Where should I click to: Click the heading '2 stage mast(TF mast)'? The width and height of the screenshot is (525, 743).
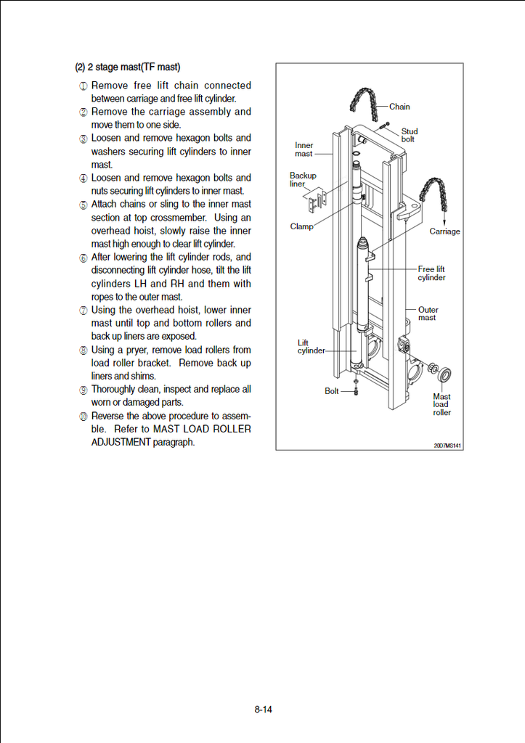[x=128, y=67]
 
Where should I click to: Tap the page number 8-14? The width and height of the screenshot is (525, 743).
[x=263, y=710]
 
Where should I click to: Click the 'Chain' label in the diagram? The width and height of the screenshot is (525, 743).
[x=399, y=107]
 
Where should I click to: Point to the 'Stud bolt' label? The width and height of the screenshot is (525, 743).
[x=410, y=135]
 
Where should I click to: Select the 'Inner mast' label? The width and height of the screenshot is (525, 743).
[x=304, y=149]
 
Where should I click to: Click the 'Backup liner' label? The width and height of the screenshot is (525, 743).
[x=303, y=179]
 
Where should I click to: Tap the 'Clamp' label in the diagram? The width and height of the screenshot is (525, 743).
[x=301, y=226]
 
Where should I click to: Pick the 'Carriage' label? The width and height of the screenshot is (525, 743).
[x=444, y=231]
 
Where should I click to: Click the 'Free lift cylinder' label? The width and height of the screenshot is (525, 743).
[x=431, y=274]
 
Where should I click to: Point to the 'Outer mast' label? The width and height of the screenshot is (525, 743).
[x=428, y=313]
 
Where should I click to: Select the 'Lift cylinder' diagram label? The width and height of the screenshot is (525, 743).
[x=311, y=347]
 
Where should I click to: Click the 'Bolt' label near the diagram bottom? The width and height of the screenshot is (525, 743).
[x=332, y=391]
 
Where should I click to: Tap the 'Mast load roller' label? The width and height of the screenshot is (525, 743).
[x=441, y=404]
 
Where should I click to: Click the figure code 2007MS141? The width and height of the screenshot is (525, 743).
[x=447, y=445]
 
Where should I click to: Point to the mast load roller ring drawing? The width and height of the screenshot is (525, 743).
[x=445, y=375]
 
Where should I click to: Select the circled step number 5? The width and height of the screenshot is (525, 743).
[x=84, y=205]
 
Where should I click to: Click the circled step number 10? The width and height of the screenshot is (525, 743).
[x=84, y=416]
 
